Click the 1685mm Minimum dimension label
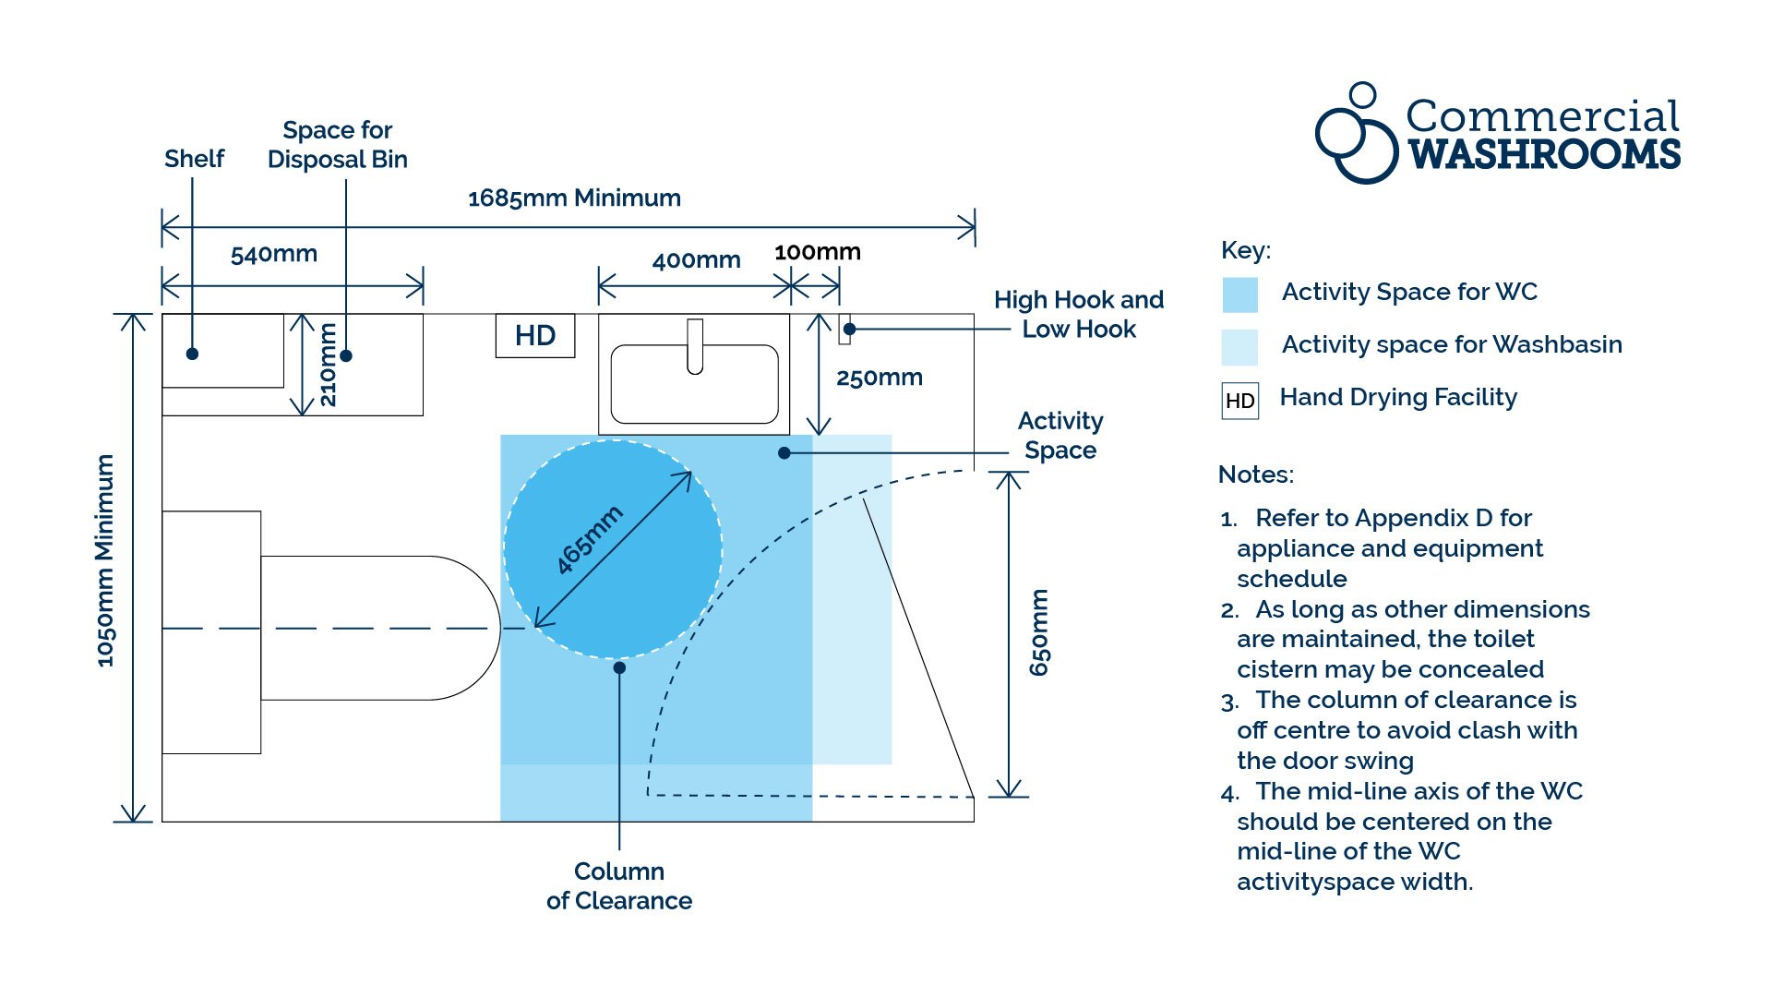(574, 198)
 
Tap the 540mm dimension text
(274, 254)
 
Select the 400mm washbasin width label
(696, 260)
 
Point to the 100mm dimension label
(817, 252)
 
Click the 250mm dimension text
(879, 378)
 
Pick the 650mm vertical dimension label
(1039, 632)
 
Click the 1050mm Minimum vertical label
(105, 560)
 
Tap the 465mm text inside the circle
(590, 540)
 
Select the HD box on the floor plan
(535, 335)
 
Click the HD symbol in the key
(1239, 401)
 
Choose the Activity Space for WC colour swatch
(1239, 294)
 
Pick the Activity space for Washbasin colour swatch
(1239, 347)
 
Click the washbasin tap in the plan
(695, 346)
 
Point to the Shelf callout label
(194, 159)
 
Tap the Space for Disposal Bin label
(337, 145)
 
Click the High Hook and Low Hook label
(1078, 315)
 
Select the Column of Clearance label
(618, 886)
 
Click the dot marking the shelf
(192, 354)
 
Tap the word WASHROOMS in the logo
(1543, 155)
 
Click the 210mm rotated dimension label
(328, 366)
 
